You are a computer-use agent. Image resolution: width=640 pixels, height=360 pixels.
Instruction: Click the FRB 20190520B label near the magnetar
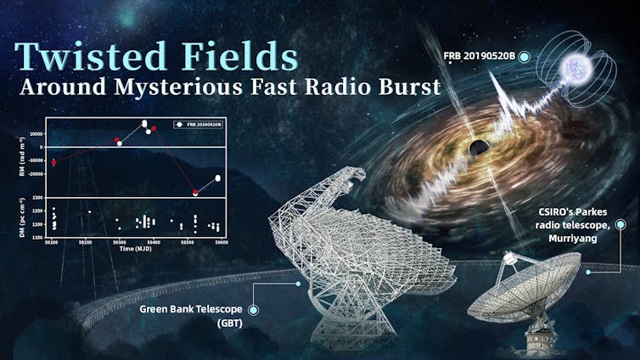click(x=479, y=56)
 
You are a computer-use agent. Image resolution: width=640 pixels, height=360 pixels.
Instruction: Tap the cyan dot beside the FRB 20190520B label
click(x=525, y=56)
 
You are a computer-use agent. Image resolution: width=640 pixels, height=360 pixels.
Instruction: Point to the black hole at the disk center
click(x=479, y=148)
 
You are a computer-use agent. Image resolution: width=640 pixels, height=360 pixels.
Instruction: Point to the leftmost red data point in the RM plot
click(x=53, y=161)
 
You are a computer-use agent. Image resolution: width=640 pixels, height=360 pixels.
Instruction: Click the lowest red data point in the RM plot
click(x=195, y=193)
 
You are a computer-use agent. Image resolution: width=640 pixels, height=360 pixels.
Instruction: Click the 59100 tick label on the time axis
click(x=53, y=242)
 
